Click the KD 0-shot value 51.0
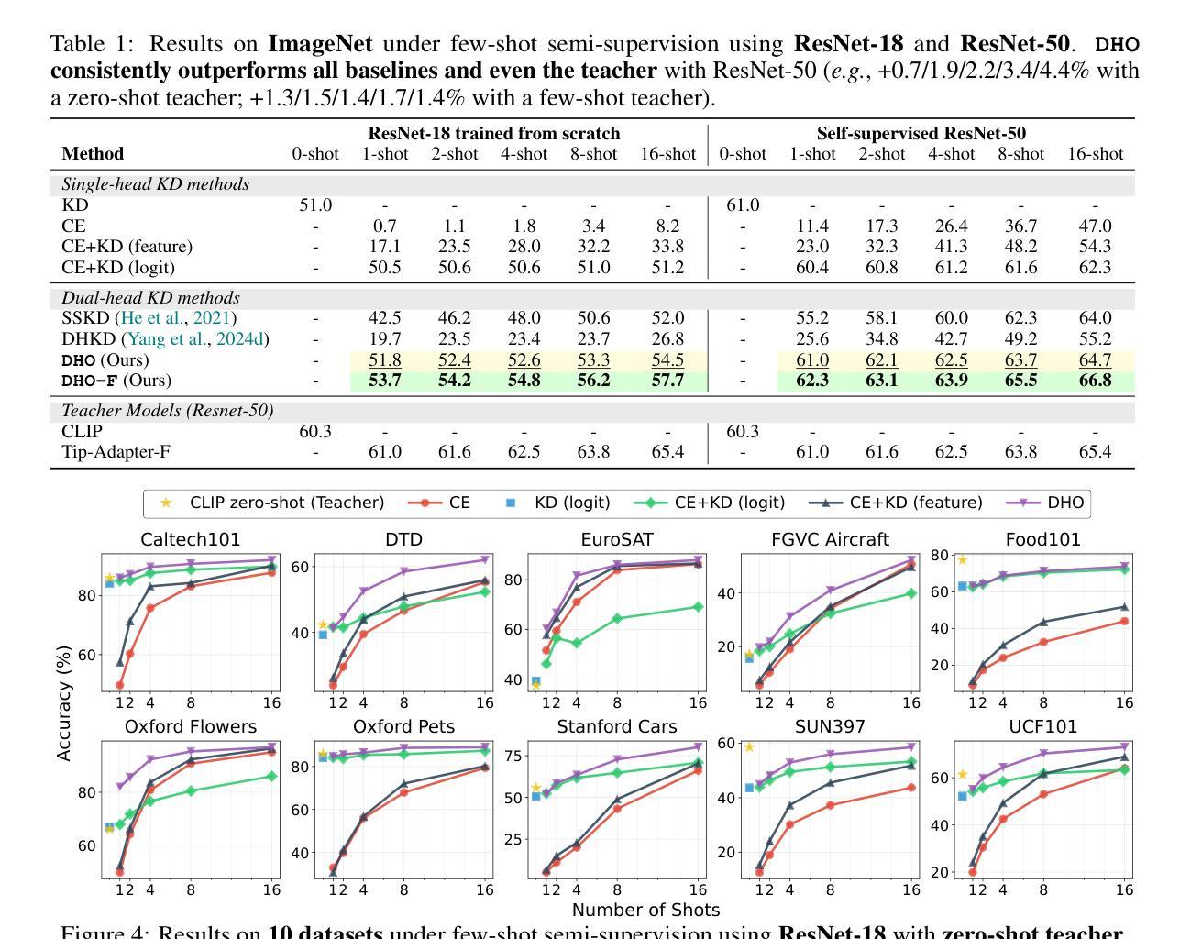click(315, 205)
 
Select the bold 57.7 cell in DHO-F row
click(667, 381)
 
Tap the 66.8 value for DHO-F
click(1095, 381)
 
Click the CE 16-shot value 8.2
click(667, 226)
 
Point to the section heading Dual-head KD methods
click(150, 298)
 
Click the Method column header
click(93, 154)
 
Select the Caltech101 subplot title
click(191, 539)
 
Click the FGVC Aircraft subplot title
click(830, 539)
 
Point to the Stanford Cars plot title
click(617, 726)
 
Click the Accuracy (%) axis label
click(63, 703)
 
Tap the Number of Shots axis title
click(645, 910)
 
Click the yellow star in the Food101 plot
click(962, 560)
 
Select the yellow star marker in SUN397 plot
click(749, 747)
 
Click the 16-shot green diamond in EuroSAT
click(698, 607)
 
